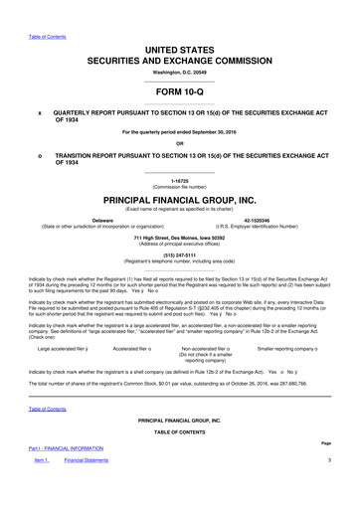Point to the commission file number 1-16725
(x=179, y=181)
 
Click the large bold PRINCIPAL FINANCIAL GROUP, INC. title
(x=179, y=200)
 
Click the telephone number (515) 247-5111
(x=179, y=253)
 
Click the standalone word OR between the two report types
(x=179, y=141)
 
